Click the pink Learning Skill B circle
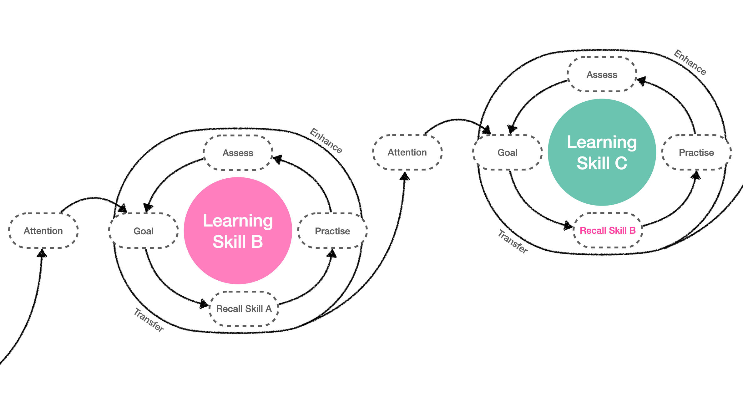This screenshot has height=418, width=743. (x=238, y=231)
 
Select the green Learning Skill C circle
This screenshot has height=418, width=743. (x=602, y=152)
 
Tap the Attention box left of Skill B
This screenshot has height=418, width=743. (x=43, y=231)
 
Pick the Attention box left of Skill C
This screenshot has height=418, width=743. (x=407, y=152)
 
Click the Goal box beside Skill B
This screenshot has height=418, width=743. (x=144, y=231)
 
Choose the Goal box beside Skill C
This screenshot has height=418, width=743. (x=507, y=152)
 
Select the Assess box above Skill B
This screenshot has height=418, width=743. (x=238, y=153)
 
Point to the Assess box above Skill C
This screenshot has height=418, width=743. (x=602, y=74)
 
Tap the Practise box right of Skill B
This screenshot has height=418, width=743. (x=332, y=231)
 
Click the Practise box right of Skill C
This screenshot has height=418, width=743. (x=696, y=152)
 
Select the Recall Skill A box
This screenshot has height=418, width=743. (x=244, y=309)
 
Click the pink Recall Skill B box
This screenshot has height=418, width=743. (x=608, y=231)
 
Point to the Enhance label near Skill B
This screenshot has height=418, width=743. (x=326, y=141)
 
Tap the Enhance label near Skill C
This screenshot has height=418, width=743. (x=690, y=62)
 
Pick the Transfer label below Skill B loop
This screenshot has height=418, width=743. (x=149, y=320)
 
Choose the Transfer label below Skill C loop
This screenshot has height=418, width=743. (x=513, y=242)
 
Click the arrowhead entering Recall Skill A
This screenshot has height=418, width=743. (x=204, y=304)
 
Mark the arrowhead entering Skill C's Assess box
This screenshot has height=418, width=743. (x=641, y=81)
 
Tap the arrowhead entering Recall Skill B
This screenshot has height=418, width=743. (x=568, y=226)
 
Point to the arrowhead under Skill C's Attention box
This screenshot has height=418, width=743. (x=405, y=176)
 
